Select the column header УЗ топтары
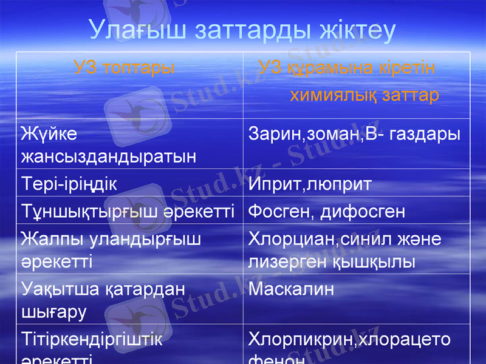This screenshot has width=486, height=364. coord(124,67)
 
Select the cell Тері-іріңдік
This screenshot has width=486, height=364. coord(69,184)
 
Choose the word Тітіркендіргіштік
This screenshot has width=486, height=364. coord(91,339)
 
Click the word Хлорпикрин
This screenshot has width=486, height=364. coord(301,339)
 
